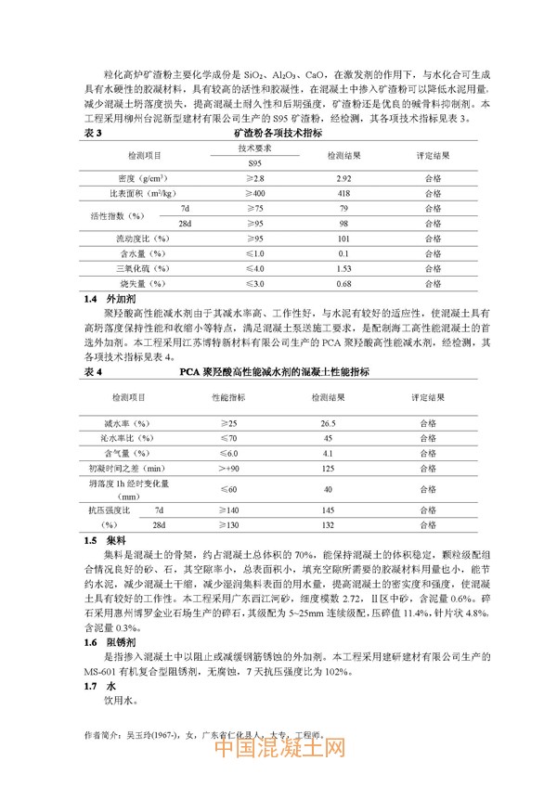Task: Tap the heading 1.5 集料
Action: [x=103, y=539]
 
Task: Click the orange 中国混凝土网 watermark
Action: [x=279, y=749]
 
